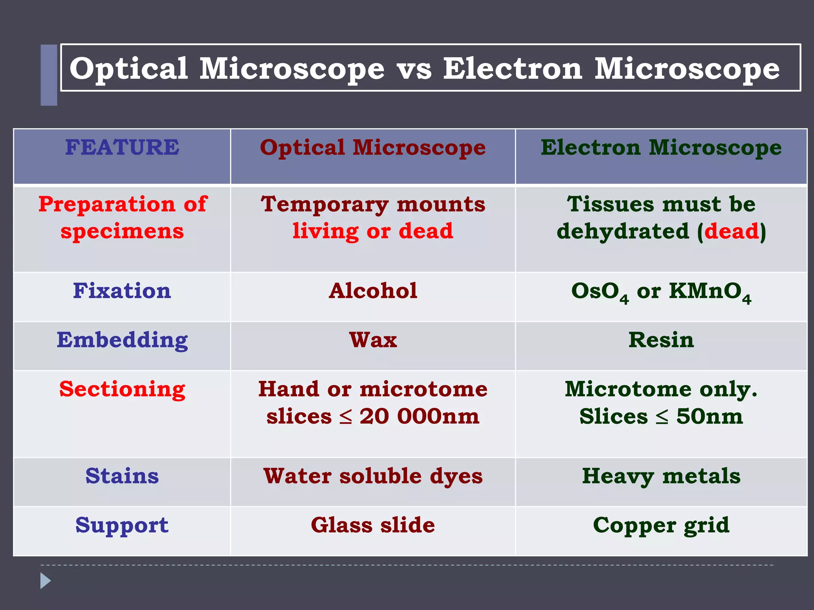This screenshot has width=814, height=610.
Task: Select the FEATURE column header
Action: (122, 147)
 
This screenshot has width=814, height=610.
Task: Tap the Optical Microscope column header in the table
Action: (373, 147)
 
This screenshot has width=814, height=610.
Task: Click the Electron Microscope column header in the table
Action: (661, 147)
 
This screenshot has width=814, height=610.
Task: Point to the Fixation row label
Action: (122, 291)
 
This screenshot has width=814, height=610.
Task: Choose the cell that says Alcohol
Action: (373, 291)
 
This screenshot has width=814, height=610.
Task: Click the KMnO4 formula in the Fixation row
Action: (710, 292)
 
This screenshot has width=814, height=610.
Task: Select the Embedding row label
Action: (122, 340)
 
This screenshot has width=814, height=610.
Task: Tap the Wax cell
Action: (373, 340)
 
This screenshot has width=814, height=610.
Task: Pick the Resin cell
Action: (661, 340)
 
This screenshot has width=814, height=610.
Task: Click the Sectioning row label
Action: (122, 389)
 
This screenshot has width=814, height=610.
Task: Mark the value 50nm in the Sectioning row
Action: (709, 417)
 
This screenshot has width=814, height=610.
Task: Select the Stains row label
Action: (122, 476)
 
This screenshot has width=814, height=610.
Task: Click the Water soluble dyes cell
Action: (373, 476)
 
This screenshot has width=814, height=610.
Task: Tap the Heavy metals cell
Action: (661, 476)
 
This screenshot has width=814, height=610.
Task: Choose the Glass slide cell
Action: (373, 525)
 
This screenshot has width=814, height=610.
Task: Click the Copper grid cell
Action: (661, 525)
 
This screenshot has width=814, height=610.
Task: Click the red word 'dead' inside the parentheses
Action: (732, 231)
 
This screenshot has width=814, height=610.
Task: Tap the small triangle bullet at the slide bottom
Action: (45, 581)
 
